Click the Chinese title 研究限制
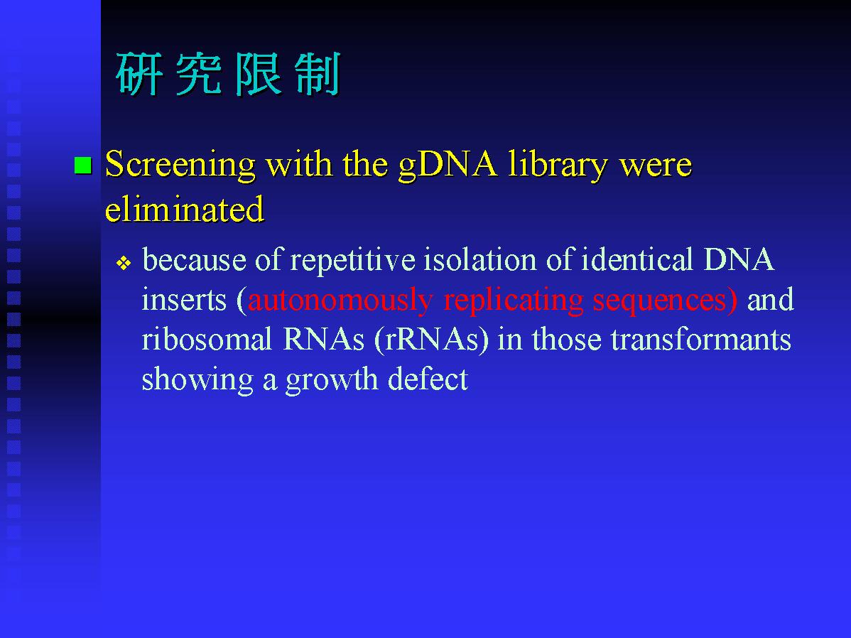[227, 75]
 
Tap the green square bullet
[83, 165]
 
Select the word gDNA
[448, 165]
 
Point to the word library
[558, 165]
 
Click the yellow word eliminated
[185, 209]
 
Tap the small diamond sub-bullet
[124, 264]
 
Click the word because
[194, 259]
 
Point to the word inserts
[184, 301]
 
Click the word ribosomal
[207, 340]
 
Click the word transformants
[700, 340]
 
